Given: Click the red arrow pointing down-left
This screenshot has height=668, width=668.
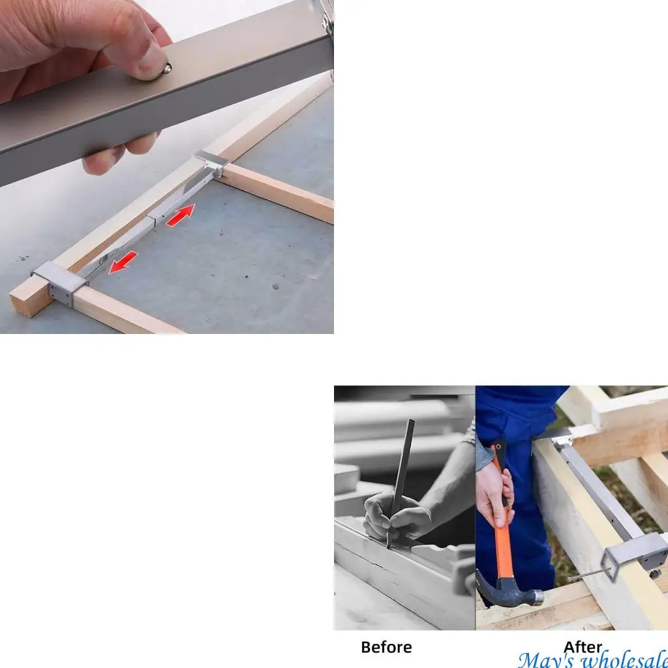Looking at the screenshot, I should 123,262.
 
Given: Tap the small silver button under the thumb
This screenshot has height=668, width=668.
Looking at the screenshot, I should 166,68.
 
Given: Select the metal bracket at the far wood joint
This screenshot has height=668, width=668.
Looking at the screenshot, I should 211,162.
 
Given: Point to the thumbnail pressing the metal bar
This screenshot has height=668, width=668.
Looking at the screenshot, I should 152,64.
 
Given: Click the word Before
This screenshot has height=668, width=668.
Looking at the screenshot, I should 386,647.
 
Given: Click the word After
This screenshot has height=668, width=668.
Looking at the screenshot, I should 583,646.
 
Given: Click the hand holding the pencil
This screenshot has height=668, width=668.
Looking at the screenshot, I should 391,515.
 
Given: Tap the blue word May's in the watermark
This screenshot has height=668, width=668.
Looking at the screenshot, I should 545,659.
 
